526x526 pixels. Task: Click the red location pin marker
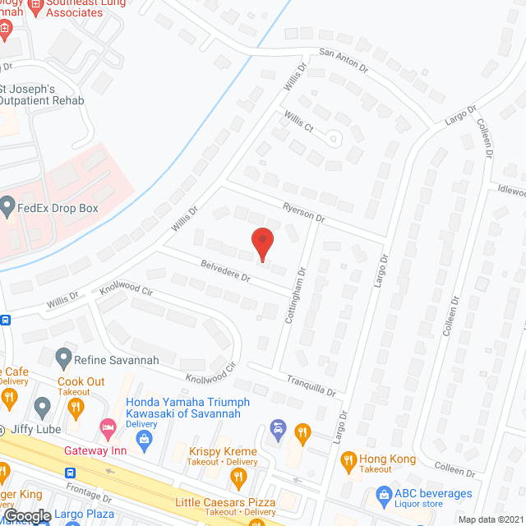coord(261,243)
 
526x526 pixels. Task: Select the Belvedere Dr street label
coord(225,270)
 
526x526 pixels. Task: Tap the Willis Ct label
coord(298,124)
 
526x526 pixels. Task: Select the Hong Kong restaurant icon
coord(348,459)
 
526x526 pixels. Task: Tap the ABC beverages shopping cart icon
coord(382,494)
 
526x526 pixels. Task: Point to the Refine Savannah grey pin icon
coord(63,359)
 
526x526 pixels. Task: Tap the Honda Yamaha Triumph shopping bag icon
coord(144,441)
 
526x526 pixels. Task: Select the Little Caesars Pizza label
coord(224,501)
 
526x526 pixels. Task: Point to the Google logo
coord(27,515)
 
